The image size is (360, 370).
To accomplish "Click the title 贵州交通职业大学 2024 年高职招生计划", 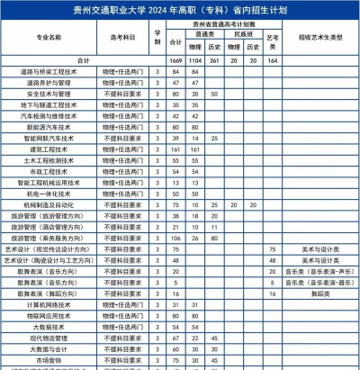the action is (180, 9).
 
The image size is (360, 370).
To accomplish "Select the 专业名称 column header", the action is (49, 39).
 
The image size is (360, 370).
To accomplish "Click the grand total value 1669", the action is (175, 59).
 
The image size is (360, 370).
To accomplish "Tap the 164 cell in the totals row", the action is (273, 59).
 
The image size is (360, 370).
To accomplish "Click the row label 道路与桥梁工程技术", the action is (49, 70).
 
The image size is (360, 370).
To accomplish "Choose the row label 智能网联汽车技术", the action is (49, 138).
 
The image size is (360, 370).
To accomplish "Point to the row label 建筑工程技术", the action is (49, 149).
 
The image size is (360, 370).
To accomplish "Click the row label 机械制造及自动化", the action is (49, 204).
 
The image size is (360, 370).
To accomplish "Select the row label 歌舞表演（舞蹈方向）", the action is (49, 293).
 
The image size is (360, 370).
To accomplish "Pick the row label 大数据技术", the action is (49, 327).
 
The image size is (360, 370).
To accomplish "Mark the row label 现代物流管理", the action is (49, 338).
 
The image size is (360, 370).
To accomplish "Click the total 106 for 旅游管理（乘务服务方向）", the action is (175, 238).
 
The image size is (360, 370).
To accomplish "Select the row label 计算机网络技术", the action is (49, 304).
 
